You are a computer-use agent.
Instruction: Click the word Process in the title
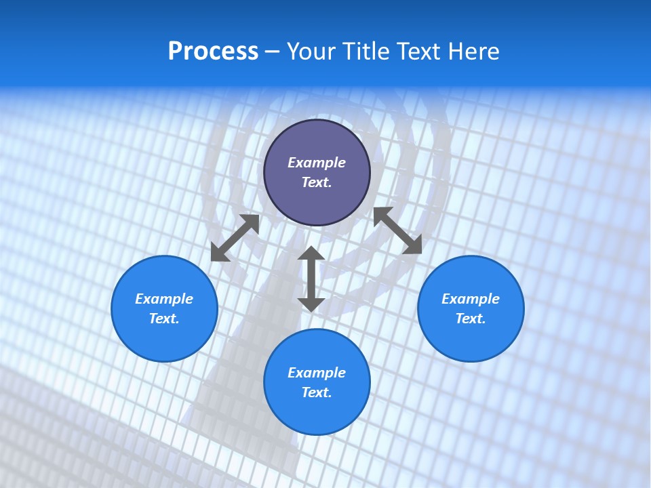(213, 52)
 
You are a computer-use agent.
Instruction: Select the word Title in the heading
(365, 52)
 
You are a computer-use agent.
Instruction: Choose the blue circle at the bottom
(317, 413)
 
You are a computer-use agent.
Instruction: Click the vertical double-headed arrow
(311, 279)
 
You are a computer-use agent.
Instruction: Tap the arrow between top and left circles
(235, 238)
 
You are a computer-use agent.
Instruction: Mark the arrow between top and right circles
(397, 230)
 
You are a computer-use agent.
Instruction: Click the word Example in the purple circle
(317, 163)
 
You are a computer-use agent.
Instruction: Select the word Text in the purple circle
(317, 182)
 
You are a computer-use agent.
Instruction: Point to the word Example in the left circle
(164, 299)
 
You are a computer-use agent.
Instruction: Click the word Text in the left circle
(164, 319)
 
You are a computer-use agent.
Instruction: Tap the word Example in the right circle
(471, 299)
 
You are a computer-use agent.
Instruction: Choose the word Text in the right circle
(471, 319)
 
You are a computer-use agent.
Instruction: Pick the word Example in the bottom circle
(317, 373)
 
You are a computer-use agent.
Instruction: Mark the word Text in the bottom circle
(317, 392)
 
